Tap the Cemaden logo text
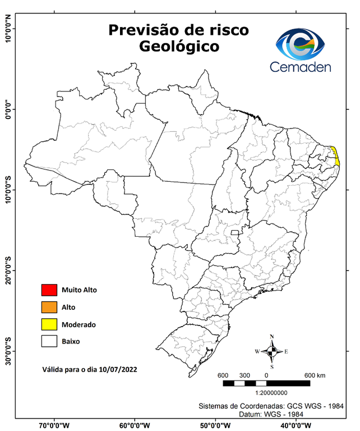pyautogui.click(x=301, y=67)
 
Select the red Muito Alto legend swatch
pyautogui.click(x=49, y=290)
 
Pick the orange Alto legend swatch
pyautogui.click(x=49, y=307)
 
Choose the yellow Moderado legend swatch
pyautogui.click(x=49, y=324)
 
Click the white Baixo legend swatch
pyautogui.click(x=49, y=341)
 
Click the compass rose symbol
pyautogui.click(x=272, y=352)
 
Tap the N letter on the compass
pyautogui.click(x=272, y=337)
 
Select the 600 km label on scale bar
pyautogui.click(x=315, y=375)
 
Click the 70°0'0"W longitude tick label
pyautogui.click(x=54, y=425)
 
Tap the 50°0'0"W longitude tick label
pyautogui.click(x=216, y=425)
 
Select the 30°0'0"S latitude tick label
pyautogui.click(x=8, y=351)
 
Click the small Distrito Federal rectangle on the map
pyautogui.click(x=234, y=232)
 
